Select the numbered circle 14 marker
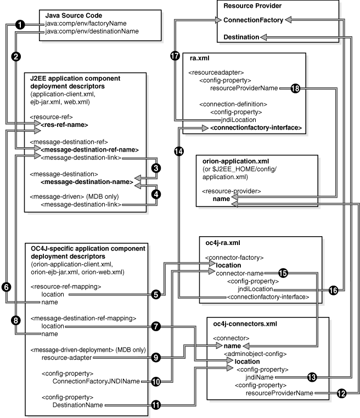(x=179, y=151)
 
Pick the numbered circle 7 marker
(x=156, y=326)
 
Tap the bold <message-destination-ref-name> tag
(x=89, y=149)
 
